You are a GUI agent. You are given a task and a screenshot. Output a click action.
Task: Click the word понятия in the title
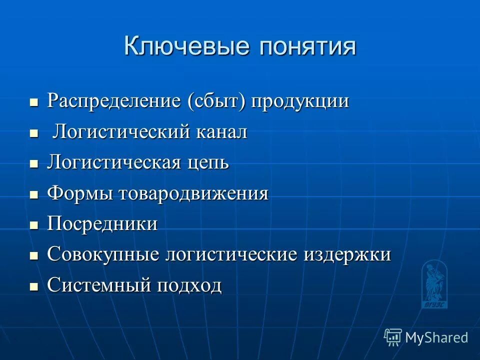[308, 46]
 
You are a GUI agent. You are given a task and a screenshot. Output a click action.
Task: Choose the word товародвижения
[193, 193]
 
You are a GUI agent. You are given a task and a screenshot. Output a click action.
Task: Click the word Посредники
[102, 224]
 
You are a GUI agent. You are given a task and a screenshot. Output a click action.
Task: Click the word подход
[189, 285]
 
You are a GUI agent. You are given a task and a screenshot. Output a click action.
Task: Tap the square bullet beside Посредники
[34, 225]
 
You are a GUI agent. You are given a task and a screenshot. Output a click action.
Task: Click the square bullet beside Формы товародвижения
[34, 195]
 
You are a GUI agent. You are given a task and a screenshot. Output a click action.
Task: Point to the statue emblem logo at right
[434, 284]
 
